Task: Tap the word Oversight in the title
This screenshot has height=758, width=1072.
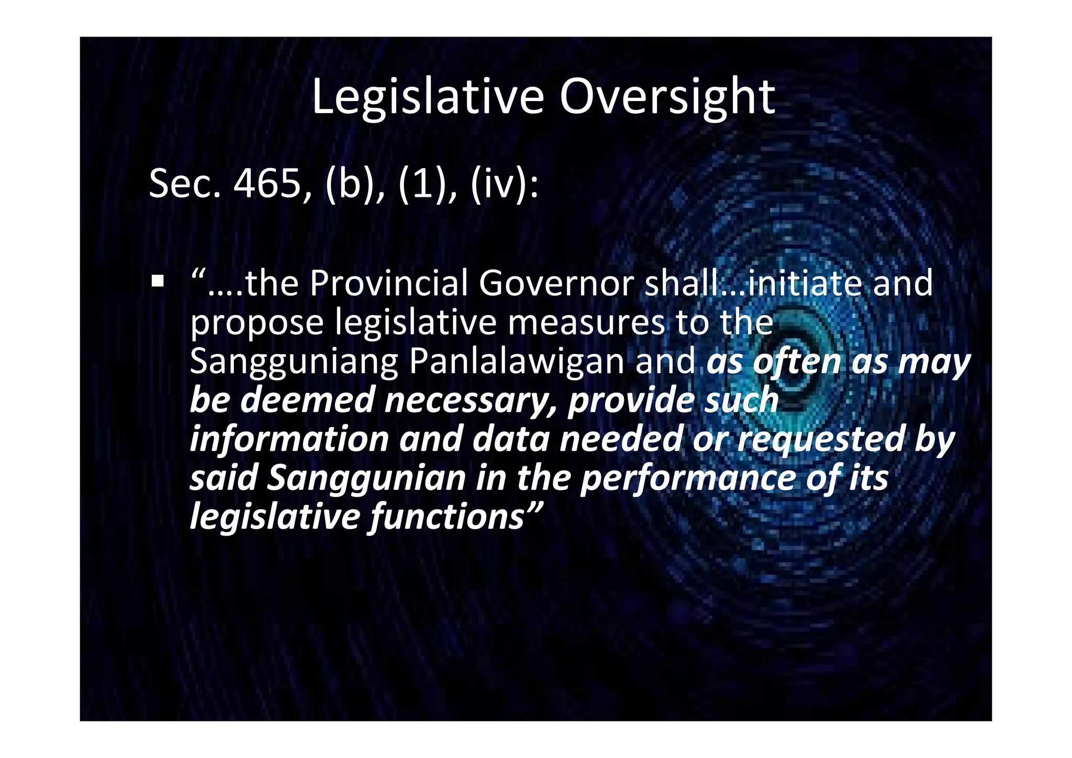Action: pos(667,97)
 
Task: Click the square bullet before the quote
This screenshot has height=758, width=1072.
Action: pos(157,282)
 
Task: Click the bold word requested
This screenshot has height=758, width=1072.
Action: pos(821,440)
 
